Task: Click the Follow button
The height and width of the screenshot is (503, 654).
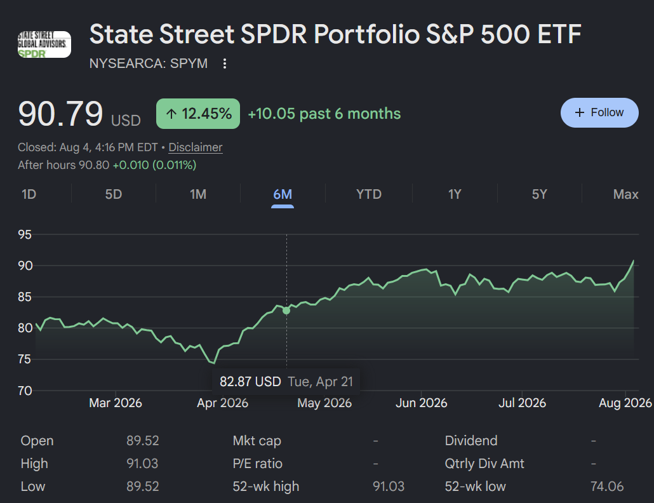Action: [x=599, y=112]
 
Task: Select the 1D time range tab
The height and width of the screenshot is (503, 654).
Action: [x=29, y=194]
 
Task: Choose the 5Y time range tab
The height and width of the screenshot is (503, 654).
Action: [x=539, y=194]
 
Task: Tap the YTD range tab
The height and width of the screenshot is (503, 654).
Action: [x=369, y=194]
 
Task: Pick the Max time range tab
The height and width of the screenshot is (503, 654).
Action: [x=625, y=194]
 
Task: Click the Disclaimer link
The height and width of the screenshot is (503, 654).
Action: [x=195, y=147]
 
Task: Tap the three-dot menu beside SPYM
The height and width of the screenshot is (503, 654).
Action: [x=224, y=64]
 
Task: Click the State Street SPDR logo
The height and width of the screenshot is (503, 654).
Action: [x=44, y=44]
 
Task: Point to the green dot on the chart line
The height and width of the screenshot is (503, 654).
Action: [x=286, y=311]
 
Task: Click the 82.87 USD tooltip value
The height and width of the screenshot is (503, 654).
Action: [x=250, y=382]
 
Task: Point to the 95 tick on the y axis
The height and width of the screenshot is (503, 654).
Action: [x=25, y=234]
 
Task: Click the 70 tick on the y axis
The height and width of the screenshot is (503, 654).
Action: [x=25, y=391]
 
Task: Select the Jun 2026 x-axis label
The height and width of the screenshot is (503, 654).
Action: [x=421, y=403]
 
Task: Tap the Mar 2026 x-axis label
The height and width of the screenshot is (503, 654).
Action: [x=116, y=403]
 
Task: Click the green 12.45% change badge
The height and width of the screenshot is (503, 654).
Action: [x=198, y=114]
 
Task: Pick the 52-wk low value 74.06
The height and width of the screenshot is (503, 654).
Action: [x=607, y=486]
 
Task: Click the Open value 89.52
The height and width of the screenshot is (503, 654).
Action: [x=143, y=440]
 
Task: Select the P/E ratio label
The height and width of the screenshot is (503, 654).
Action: [x=257, y=464]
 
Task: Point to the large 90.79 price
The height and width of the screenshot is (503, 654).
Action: [x=60, y=114]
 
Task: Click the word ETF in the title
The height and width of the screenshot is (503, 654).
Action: [x=559, y=34]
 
